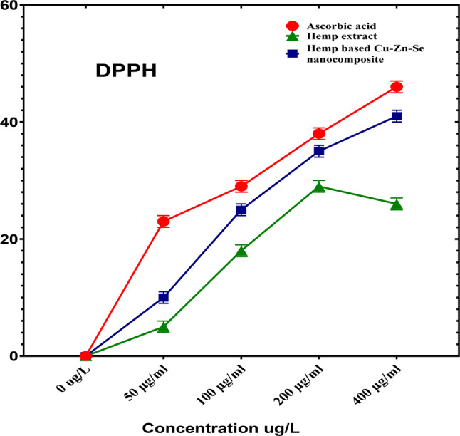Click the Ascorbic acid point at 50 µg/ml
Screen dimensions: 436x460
point(163,222)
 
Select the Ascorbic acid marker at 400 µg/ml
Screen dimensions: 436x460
point(397,87)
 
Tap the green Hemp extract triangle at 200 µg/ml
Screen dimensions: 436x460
point(319,187)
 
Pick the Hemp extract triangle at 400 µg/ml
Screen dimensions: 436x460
point(397,204)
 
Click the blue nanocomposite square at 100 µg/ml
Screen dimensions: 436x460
point(241,209)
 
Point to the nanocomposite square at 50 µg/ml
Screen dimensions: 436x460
point(163,297)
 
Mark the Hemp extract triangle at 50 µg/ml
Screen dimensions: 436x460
point(163,327)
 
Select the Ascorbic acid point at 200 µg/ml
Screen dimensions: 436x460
point(319,133)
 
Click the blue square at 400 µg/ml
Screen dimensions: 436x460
point(397,115)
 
